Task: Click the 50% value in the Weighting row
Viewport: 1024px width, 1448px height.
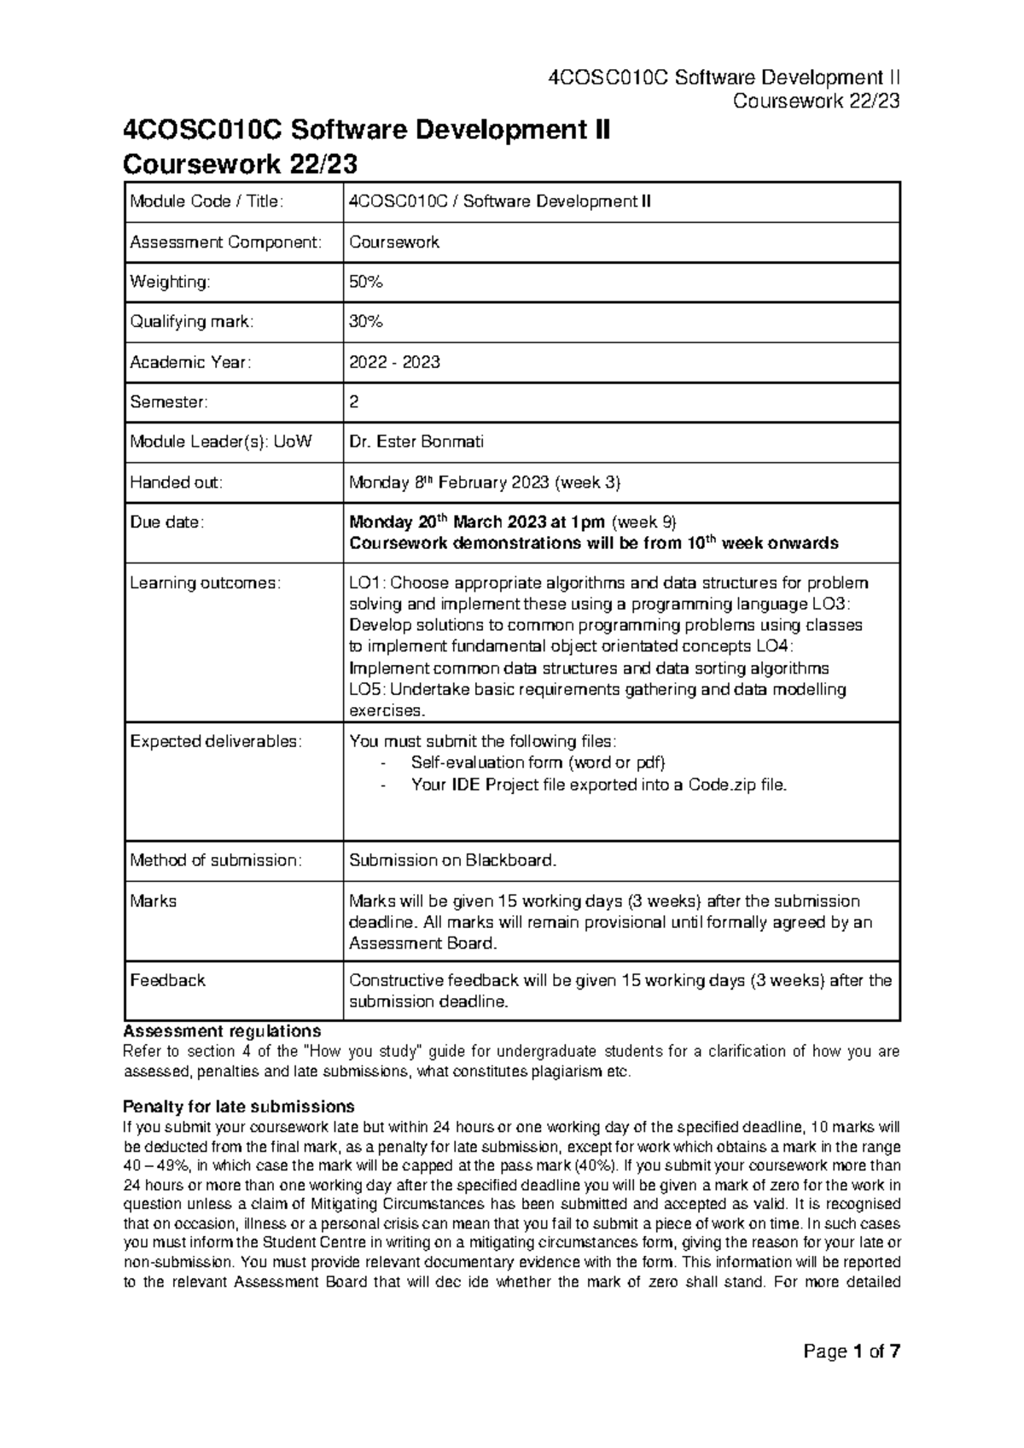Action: coord(366,282)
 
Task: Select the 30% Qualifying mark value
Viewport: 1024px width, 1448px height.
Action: coord(366,322)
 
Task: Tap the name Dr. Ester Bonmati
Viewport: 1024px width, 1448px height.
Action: coord(416,441)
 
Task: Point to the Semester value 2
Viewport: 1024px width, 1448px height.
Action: coord(354,401)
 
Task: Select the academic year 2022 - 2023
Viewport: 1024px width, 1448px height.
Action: coord(394,362)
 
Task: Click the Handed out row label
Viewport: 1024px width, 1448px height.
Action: coord(176,482)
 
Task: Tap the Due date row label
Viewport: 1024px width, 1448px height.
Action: coord(167,523)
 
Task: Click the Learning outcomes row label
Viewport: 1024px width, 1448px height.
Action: coord(205,583)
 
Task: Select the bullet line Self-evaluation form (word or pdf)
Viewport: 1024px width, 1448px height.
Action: coord(537,762)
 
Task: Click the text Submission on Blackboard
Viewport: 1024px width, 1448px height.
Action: coord(452,861)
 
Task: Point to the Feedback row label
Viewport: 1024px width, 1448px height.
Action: coord(167,980)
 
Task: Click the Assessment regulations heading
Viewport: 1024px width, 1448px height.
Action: coord(222,1031)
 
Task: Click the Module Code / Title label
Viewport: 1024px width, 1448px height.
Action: coord(206,201)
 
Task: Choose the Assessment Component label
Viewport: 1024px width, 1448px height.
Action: coord(226,242)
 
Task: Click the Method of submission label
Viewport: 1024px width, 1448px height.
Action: coord(215,861)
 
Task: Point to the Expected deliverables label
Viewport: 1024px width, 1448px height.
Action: coord(215,741)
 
